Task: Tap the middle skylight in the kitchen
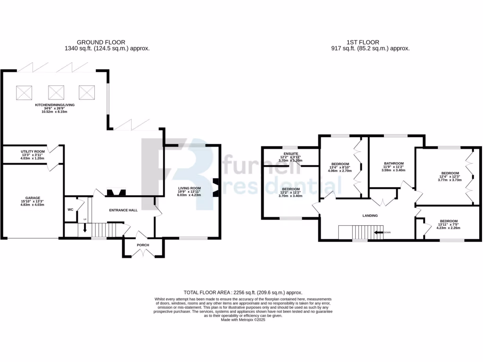click(56, 91)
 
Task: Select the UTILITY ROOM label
click(33, 151)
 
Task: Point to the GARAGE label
click(33, 198)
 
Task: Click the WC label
click(70, 209)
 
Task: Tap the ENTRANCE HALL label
click(124, 210)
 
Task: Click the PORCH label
click(143, 245)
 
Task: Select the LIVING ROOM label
click(189, 189)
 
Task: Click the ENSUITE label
click(290, 153)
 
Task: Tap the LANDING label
click(370, 215)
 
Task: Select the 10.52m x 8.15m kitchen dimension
click(55, 112)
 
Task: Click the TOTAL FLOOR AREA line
click(243, 293)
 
